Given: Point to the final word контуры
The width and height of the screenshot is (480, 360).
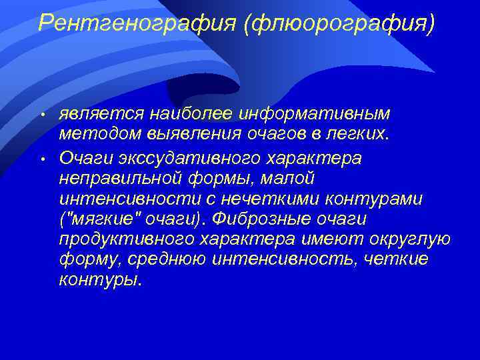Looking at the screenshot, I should click(x=100, y=279).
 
